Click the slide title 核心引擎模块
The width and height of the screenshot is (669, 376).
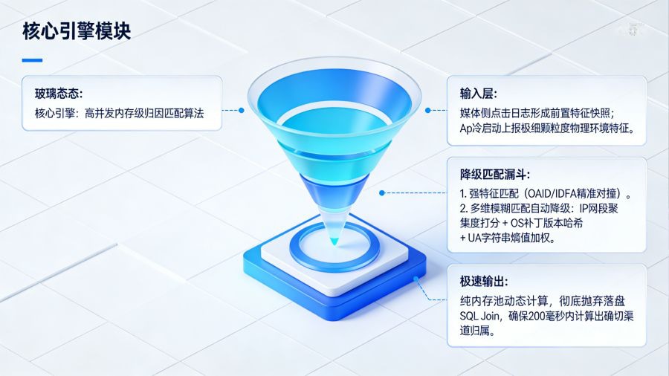(77, 32)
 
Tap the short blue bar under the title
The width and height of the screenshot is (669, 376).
(33, 60)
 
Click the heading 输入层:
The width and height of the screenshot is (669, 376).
(478, 94)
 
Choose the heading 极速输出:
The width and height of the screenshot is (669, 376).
(483, 282)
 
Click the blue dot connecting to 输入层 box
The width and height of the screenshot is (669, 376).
(428, 110)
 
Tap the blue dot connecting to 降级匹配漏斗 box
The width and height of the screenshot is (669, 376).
(381, 192)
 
